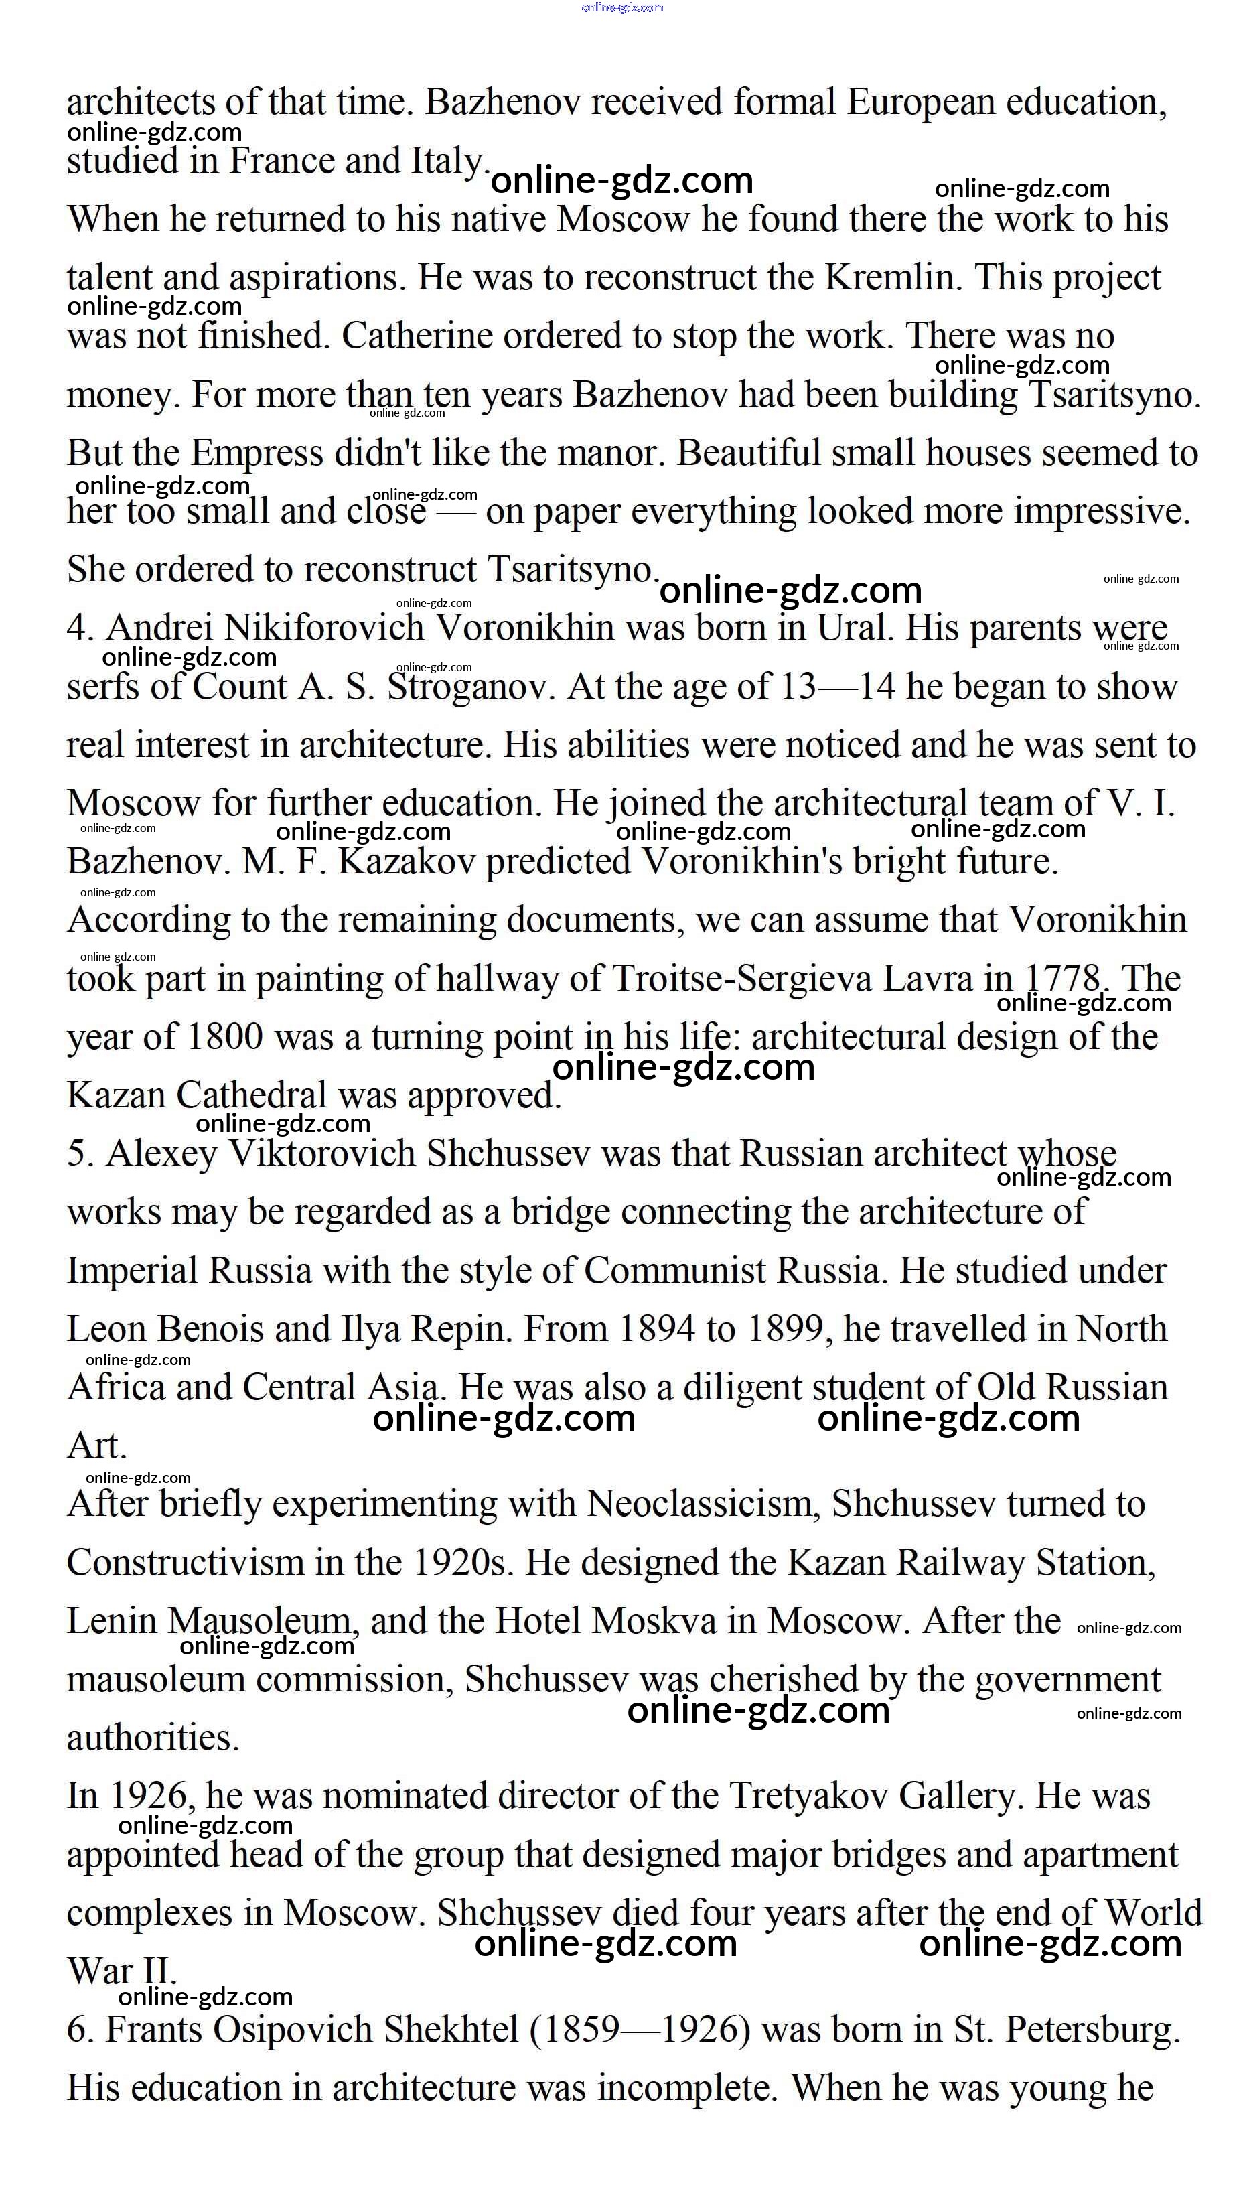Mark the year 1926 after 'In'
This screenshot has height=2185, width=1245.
[x=149, y=1796]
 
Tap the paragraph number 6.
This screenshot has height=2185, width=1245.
[x=78, y=2030]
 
